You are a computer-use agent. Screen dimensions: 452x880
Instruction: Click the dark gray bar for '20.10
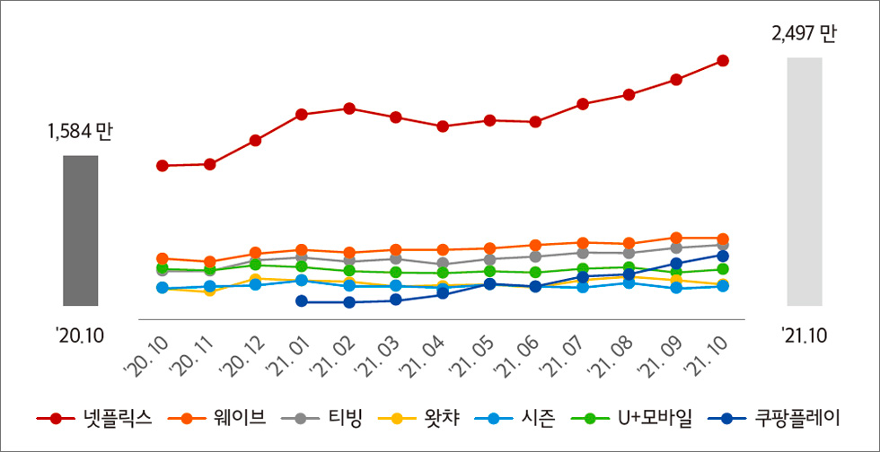[80, 230]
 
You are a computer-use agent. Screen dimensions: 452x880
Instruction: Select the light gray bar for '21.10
[805, 182]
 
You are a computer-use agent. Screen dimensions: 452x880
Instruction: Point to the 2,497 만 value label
[804, 34]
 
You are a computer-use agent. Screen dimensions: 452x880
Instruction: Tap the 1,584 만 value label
[80, 132]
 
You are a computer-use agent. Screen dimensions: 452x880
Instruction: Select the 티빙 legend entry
[321, 418]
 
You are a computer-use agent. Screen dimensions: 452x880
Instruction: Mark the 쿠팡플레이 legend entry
[773, 418]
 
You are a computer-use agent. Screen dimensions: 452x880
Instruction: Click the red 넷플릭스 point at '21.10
[723, 61]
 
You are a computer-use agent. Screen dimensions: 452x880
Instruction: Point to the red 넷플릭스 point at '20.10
[163, 166]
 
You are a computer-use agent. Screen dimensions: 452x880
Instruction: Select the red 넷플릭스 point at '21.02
[348, 109]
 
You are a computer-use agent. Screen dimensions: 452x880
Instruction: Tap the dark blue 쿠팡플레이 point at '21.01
[302, 302]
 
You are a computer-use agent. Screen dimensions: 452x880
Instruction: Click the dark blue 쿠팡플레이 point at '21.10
[723, 256]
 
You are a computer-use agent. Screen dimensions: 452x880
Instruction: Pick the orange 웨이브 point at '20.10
[163, 258]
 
